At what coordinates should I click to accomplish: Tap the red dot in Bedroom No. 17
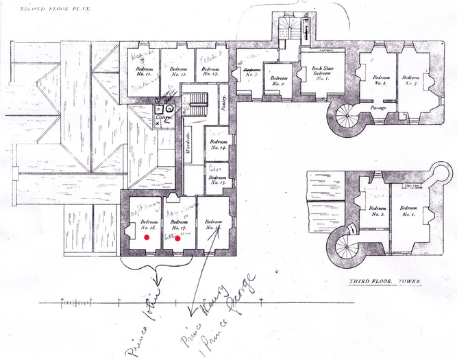pyautogui.click(x=177, y=239)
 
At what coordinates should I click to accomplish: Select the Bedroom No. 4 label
pyautogui.click(x=382, y=80)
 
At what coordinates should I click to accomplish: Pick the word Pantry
pyautogui.click(x=223, y=101)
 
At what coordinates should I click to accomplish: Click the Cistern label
pyautogui.click(x=163, y=119)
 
